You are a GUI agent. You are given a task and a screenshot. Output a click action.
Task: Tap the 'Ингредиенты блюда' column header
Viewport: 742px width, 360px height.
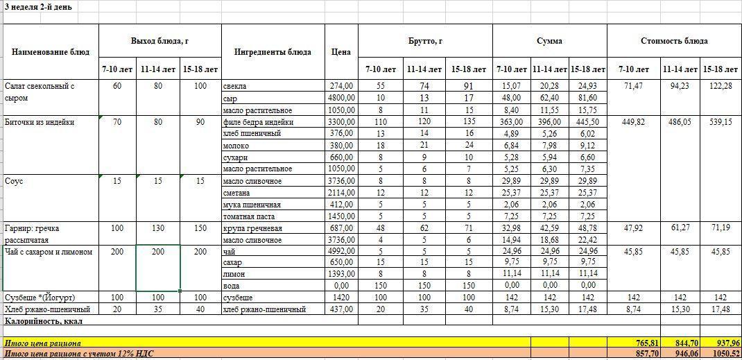(273, 52)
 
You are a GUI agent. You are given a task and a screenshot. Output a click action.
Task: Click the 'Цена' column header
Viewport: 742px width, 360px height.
(340, 52)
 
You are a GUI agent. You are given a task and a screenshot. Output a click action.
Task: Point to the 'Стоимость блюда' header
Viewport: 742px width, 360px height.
(673, 41)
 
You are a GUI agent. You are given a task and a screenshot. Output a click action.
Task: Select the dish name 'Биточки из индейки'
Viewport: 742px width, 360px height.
(40, 123)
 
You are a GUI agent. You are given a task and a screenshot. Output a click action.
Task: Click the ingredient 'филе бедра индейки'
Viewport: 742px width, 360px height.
(258, 122)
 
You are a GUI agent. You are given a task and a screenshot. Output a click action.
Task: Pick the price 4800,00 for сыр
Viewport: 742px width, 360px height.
(340, 98)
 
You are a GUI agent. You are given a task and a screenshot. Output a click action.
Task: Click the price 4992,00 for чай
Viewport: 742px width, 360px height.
(340, 251)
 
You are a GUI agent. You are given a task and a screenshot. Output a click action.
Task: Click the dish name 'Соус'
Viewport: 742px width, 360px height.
(15, 181)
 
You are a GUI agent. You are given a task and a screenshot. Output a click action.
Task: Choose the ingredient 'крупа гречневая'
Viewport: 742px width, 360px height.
(252, 228)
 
